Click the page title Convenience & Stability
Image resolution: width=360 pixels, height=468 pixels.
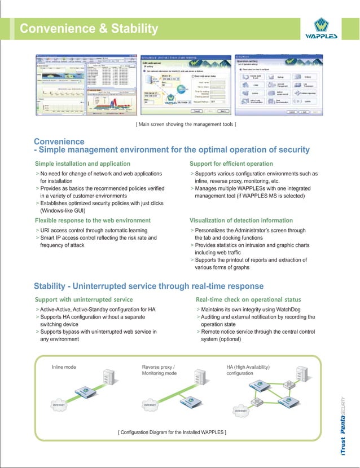(89, 28)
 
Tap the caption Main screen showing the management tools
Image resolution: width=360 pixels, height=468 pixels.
(186, 123)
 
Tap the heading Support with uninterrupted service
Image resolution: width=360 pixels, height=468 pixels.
(84, 299)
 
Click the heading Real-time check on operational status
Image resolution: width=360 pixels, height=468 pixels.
(248, 299)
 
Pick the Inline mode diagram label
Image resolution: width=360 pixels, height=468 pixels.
(64, 367)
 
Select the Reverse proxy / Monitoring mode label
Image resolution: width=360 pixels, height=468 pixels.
(159, 370)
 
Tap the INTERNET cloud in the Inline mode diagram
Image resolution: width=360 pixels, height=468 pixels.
(58, 405)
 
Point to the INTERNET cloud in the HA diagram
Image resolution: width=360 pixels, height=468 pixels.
(241, 411)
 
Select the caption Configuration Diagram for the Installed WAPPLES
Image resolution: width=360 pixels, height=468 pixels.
(172, 432)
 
